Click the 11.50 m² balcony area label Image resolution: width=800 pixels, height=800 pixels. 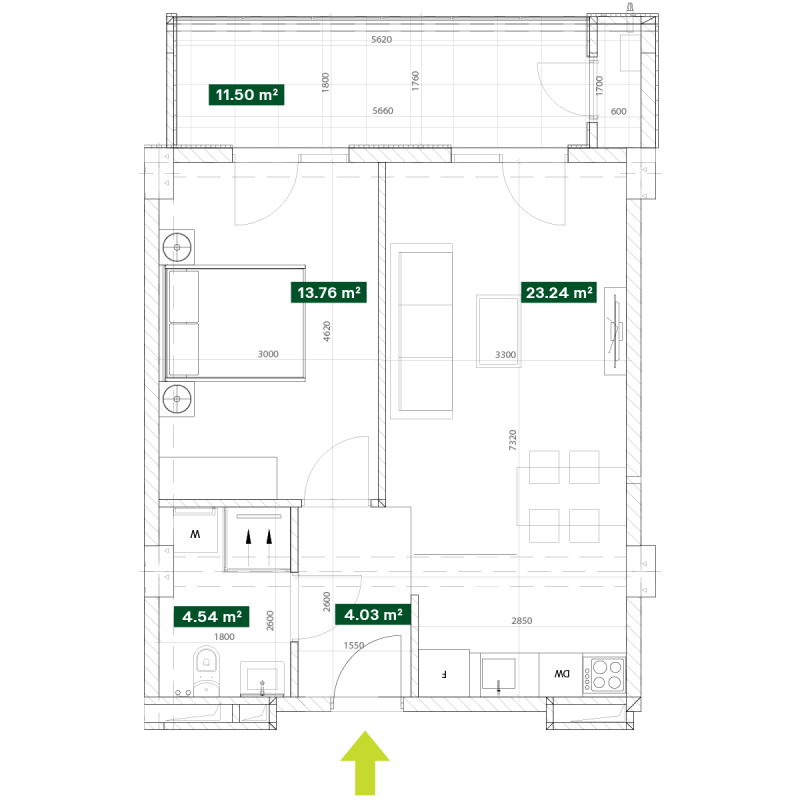246,95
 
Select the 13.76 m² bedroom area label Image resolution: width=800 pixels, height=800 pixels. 329,293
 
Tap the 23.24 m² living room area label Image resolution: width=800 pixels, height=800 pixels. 559,293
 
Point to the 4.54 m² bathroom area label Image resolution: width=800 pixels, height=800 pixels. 212,616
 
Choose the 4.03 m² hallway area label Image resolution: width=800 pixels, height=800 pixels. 373,615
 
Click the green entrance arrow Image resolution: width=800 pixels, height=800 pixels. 365,763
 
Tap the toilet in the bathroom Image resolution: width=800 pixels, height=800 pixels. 206,671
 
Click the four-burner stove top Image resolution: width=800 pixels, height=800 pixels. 604,675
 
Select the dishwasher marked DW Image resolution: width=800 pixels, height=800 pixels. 561,674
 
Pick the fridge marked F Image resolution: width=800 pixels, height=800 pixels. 444,673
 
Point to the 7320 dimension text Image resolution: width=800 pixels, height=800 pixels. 513,440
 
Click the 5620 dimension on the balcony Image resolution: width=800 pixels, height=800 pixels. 382,40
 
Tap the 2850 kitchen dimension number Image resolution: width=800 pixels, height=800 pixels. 521,621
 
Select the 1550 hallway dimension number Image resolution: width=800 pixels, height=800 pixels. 354,645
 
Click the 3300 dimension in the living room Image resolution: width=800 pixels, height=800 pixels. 506,355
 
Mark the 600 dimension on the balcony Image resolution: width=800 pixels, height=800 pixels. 618,111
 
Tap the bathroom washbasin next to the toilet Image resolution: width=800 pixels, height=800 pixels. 262,680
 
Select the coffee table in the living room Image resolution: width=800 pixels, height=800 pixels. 498,331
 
